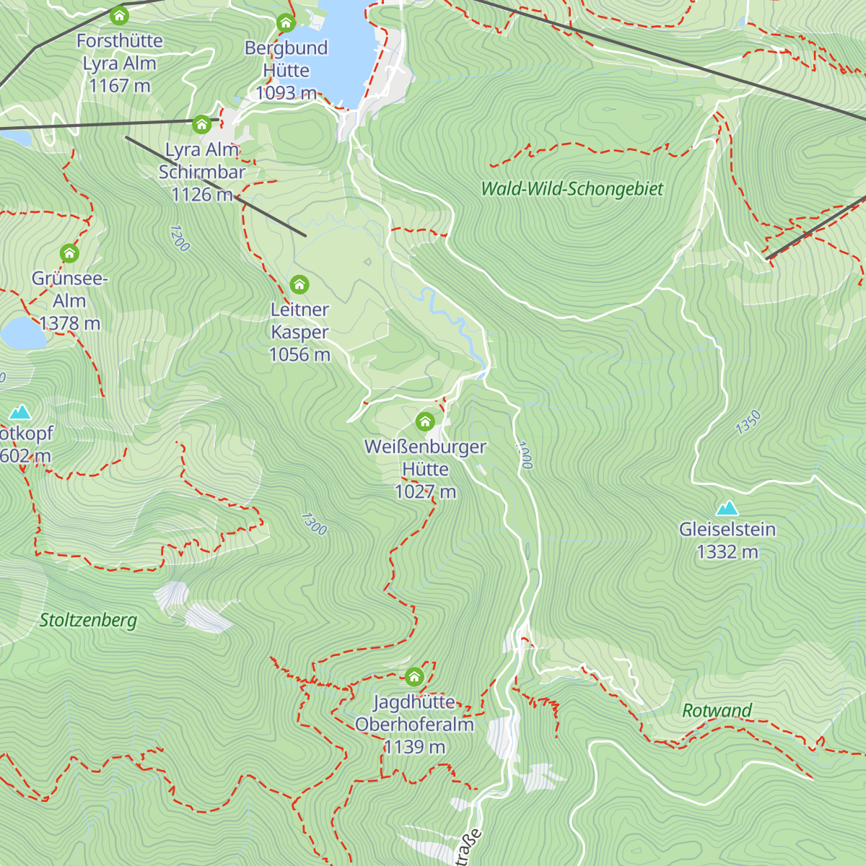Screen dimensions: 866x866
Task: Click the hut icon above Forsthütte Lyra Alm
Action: pos(119,15)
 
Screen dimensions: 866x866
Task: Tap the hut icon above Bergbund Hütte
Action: pos(286,23)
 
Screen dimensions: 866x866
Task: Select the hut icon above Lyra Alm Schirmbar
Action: pos(201,124)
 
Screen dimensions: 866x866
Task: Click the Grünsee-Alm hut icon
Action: pos(69,253)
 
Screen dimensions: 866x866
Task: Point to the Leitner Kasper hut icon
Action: pos(299,284)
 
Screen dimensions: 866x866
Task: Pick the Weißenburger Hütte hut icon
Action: pos(425,421)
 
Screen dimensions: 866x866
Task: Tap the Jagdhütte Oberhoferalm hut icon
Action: pos(414,677)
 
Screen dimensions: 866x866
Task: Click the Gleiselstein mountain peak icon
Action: pos(727,507)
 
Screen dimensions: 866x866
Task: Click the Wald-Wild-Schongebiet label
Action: pos(572,189)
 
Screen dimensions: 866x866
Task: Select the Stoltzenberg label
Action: pos(88,620)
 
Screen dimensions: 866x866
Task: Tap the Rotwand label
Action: pos(717,711)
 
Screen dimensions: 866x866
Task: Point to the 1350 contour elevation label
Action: pos(748,422)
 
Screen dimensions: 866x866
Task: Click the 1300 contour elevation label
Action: pos(314,524)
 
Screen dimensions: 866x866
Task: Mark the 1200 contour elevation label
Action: pos(180,238)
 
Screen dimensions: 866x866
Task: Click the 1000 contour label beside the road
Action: pos(525,455)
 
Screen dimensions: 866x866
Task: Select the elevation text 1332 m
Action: pos(727,552)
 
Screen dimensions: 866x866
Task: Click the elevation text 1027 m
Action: pos(425,492)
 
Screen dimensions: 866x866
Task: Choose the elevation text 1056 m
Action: pos(299,354)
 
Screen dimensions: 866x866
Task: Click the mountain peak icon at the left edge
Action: pos(19,412)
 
